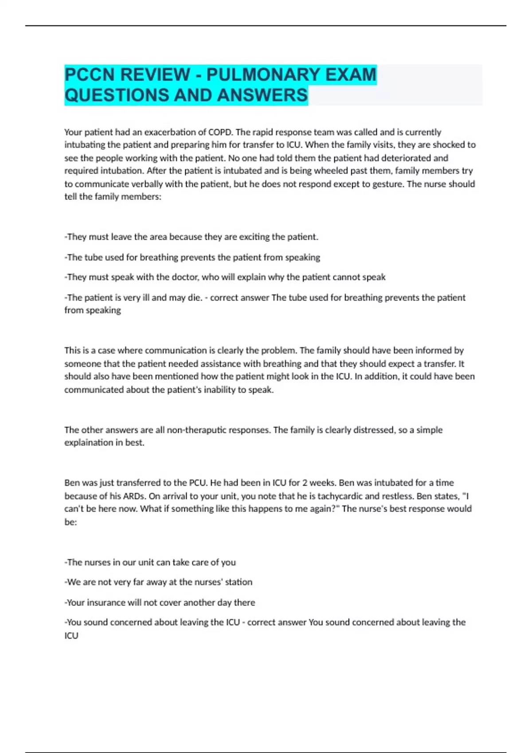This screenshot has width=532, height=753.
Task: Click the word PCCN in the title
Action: click(89, 74)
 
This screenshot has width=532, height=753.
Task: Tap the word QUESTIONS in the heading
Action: click(116, 95)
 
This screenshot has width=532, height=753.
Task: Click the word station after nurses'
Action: click(239, 582)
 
